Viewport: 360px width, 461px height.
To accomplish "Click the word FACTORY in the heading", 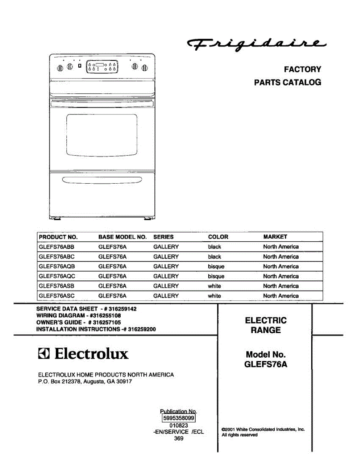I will click(302, 70).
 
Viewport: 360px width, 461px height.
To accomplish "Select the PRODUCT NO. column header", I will click(58, 237).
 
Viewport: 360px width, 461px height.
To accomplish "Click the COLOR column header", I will click(218, 237).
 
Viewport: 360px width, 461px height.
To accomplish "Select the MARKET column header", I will click(275, 237).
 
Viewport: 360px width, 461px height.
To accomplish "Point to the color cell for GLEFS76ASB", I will click(214, 286).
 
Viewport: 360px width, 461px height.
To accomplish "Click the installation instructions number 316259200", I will click(142, 329).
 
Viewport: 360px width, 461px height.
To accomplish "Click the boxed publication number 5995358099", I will click(178, 418).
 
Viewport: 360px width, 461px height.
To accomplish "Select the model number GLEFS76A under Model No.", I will click(265, 365).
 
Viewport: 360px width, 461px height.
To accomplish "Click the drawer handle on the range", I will click(102, 180).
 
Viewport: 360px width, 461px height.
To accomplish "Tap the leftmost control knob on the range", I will click(60, 68).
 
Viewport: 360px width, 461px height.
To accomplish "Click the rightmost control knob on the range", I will click(144, 68).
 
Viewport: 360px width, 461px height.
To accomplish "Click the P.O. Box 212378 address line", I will click(85, 382).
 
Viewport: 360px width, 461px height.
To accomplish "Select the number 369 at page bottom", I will click(179, 438).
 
